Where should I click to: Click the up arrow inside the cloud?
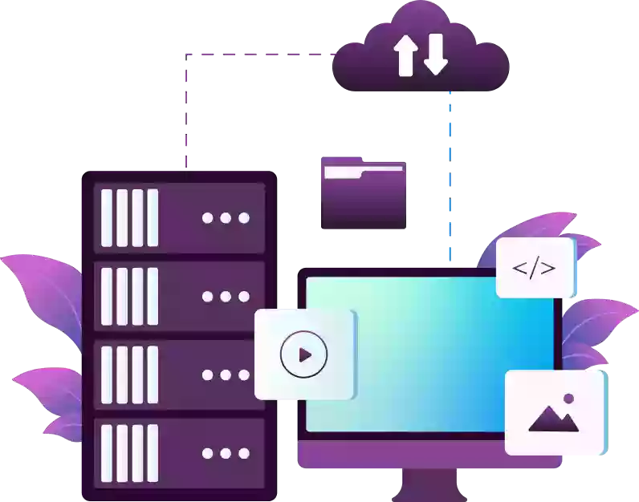(x=404, y=55)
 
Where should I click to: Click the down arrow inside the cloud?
(x=434, y=55)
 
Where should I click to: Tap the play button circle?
(x=304, y=354)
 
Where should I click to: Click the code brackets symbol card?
(x=535, y=268)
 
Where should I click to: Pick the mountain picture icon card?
(x=555, y=412)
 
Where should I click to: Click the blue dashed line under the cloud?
(x=450, y=176)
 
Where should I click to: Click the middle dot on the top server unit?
(x=226, y=218)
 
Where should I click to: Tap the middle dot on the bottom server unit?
(x=226, y=454)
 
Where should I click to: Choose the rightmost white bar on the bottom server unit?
(x=153, y=454)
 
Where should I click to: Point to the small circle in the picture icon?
(x=569, y=399)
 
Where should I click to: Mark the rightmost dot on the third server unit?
(x=243, y=375)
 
